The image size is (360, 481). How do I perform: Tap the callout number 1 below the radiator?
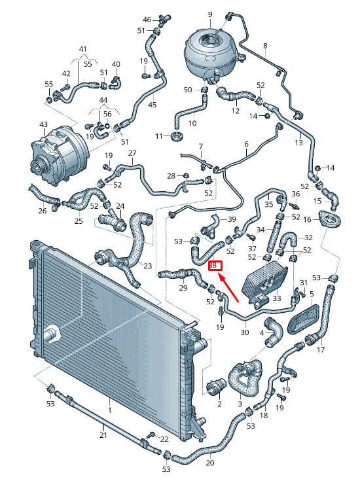click(x=110, y=410)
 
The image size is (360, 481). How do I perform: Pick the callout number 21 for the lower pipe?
click(x=103, y=435)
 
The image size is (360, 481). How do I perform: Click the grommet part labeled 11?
click(x=177, y=137)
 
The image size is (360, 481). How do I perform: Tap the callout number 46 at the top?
click(x=147, y=20)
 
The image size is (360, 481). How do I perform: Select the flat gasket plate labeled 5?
click(x=303, y=319)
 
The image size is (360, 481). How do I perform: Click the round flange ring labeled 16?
click(x=331, y=219)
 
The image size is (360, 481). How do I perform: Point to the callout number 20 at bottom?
click(x=210, y=462)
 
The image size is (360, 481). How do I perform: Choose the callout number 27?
click(x=132, y=153)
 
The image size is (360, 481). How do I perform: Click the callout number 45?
click(x=153, y=105)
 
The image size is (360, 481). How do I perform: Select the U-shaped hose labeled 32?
click(x=288, y=240)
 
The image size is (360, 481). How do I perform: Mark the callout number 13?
click(x=298, y=142)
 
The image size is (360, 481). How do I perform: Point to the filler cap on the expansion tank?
click(x=209, y=39)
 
